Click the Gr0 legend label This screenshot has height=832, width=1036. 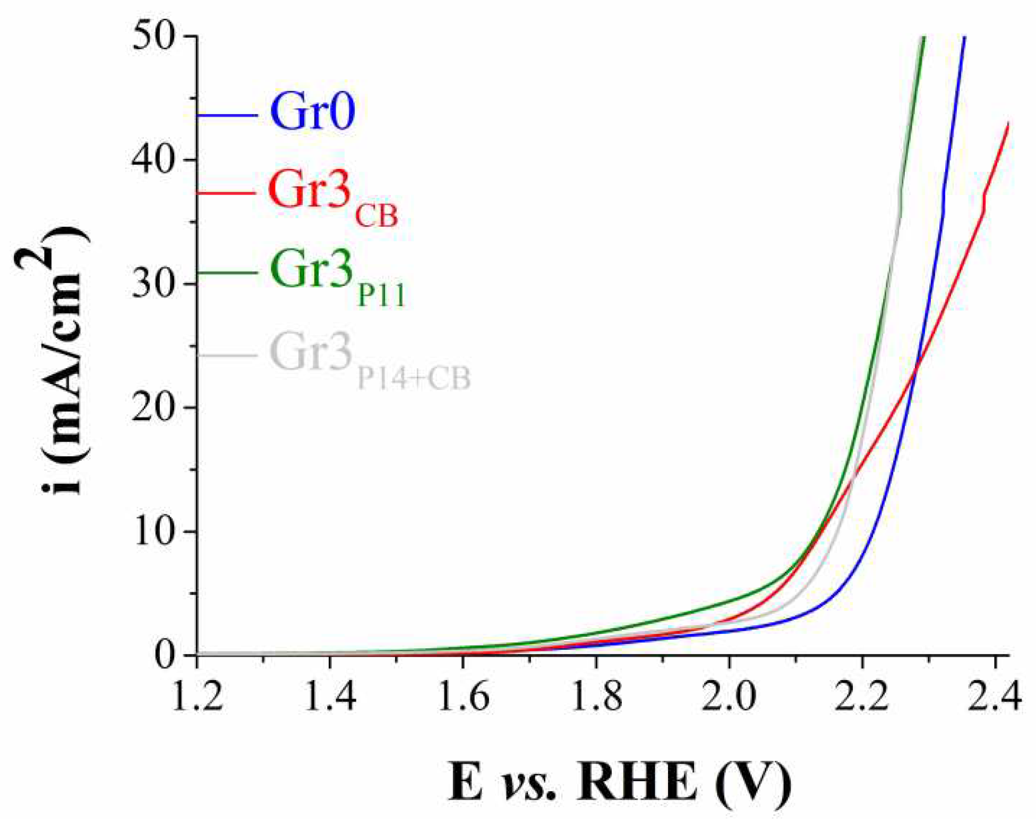[312, 112]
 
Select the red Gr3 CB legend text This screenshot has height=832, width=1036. [332, 197]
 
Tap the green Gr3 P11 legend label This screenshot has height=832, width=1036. [337, 276]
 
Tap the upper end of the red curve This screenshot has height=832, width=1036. [1007, 124]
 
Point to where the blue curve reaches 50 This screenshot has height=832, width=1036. [964, 37]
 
